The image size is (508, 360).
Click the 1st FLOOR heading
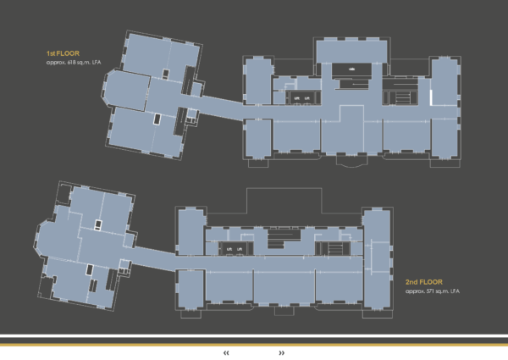coord(62,53)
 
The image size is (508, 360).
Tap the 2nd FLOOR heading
coord(424,282)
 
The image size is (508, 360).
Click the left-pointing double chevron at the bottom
coord(227,352)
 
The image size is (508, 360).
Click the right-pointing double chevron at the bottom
coord(281,352)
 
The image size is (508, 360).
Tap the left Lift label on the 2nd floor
coord(229,249)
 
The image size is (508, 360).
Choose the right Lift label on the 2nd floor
coord(241,249)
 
